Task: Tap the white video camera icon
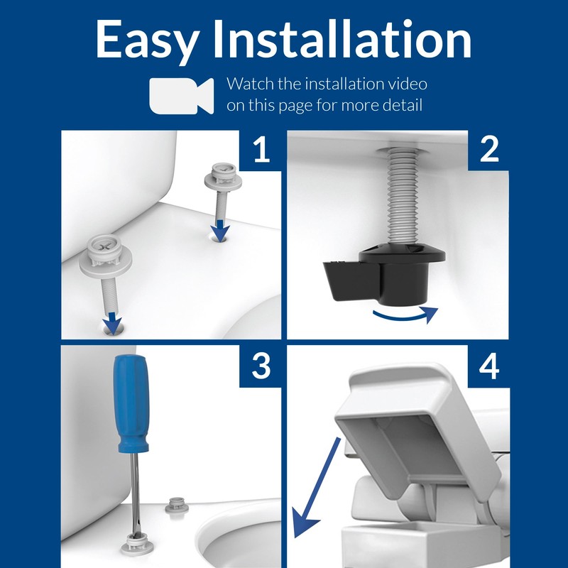click(x=180, y=95)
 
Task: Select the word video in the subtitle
click(x=406, y=84)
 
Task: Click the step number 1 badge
click(x=261, y=150)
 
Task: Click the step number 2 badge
click(x=488, y=150)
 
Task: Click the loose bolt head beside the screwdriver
click(x=174, y=505)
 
